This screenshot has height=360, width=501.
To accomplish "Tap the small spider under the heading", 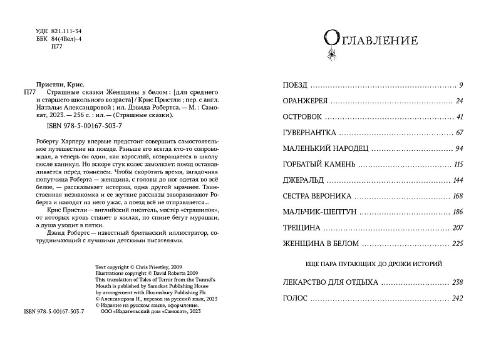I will pyautogui.click(x=330, y=55).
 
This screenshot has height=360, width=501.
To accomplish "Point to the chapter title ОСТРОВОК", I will pyautogui.click(x=302, y=117).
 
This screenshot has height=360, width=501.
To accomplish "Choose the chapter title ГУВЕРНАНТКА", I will pyautogui.click(x=311, y=133).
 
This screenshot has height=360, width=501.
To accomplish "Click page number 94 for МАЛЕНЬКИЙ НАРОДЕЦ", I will pyautogui.click(x=459, y=148).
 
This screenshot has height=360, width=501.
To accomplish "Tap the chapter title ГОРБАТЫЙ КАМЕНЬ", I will pyautogui.click(x=319, y=164).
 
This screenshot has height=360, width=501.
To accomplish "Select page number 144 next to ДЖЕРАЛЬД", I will pyautogui.click(x=457, y=180).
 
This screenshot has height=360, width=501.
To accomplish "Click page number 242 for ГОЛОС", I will pyautogui.click(x=457, y=298).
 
